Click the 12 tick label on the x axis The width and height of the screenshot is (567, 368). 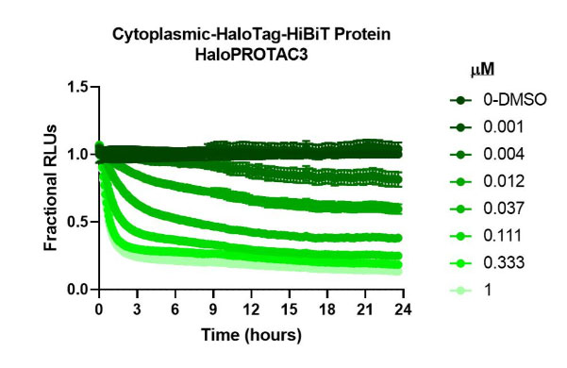(x=250, y=309)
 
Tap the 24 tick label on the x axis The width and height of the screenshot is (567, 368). (x=401, y=309)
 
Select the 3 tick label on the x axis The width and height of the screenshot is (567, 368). (x=137, y=309)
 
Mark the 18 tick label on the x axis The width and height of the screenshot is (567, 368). (x=325, y=309)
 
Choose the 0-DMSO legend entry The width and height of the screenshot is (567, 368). (x=497, y=99)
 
